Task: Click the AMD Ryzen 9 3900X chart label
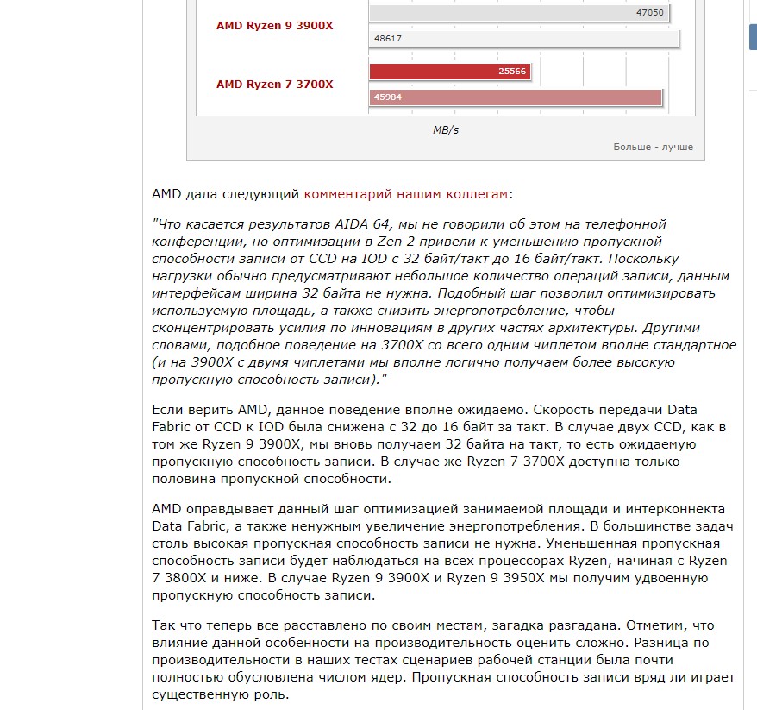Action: (274, 26)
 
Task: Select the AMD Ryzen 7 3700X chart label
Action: (274, 84)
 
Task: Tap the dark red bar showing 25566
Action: (449, 72)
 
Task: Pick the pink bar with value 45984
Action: (516, 97)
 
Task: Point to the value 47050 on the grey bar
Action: (649, 13)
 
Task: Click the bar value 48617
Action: (388, 39)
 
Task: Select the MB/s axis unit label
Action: (446, 129)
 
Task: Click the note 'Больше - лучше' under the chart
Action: (653, 147)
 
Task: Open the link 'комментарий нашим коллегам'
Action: (405, 194)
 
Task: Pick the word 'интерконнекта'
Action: (678, 509)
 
